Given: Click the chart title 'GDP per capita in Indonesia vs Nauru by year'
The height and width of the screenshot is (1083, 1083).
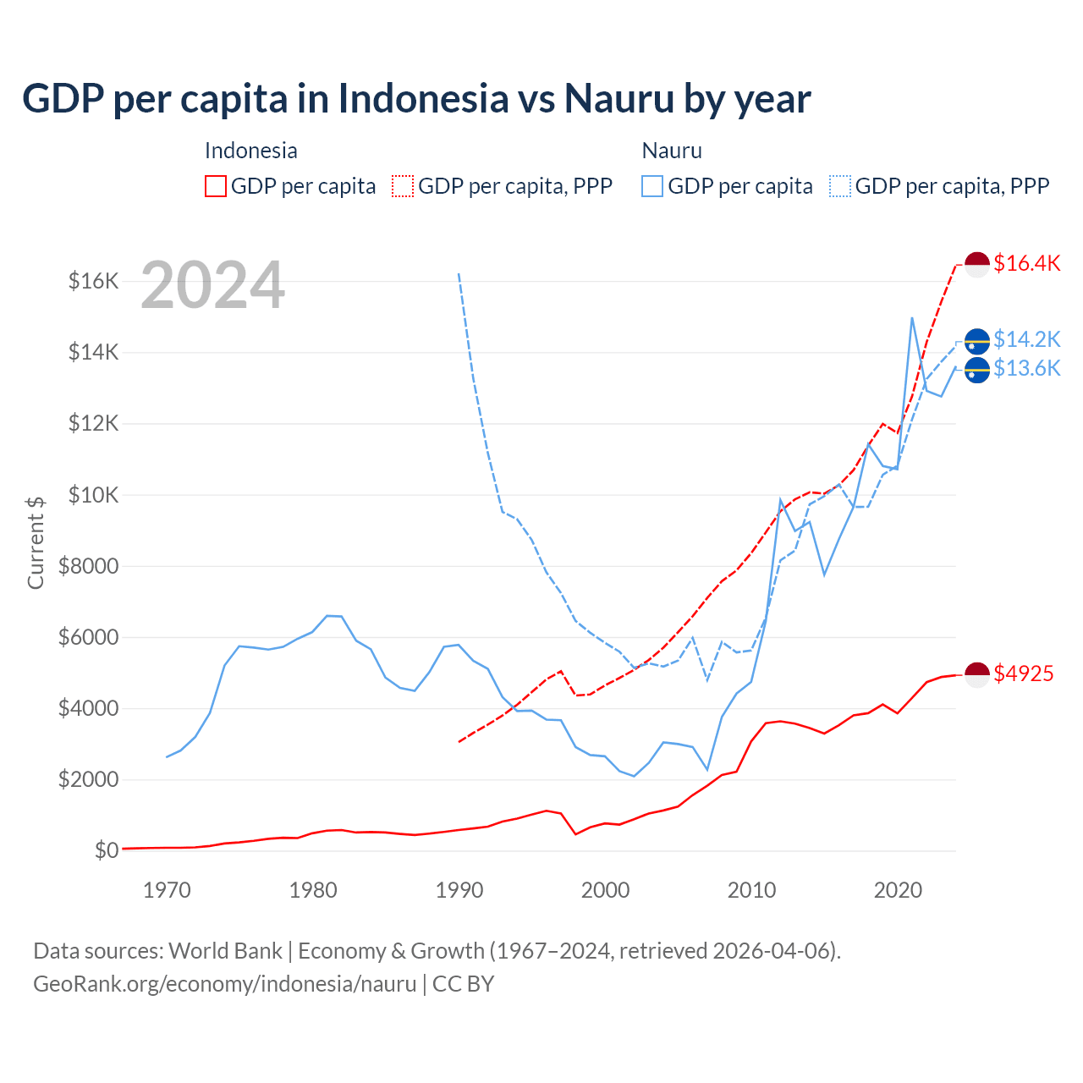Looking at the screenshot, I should coord(416,98).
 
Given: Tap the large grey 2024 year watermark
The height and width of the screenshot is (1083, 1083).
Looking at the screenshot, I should coord(212,286).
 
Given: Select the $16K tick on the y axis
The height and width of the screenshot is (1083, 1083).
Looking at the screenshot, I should coord(93,281).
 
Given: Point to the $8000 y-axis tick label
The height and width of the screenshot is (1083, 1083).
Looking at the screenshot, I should coord(88,566).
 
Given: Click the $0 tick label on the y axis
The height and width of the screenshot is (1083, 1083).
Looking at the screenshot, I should coord(106,850).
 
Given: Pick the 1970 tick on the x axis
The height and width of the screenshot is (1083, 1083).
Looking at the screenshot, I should coord(167,890).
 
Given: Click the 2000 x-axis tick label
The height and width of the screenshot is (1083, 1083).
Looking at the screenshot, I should coord(605,890).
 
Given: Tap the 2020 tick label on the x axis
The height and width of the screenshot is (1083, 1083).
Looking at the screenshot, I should coord(898,890).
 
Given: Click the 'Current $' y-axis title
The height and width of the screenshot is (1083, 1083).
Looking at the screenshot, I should coord(36,542).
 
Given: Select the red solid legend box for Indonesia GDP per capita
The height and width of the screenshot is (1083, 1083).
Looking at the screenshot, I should coord(216,186).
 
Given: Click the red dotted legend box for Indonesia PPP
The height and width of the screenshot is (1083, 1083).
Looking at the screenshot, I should coord(403,186).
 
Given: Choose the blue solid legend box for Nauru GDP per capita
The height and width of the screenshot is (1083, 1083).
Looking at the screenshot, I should coord(652,186).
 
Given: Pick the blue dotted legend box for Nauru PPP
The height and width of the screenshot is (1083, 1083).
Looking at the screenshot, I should coord(840,186).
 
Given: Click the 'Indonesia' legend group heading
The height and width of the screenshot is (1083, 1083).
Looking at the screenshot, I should coord(251,151).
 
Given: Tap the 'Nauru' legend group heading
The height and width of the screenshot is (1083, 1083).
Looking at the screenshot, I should coord(672,151).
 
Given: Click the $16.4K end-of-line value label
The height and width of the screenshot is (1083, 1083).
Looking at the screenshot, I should coord(1026,263).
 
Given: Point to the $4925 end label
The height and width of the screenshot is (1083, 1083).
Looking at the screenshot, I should coord(1024,673).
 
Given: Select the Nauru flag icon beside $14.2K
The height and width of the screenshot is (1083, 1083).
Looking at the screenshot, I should coord(977,340).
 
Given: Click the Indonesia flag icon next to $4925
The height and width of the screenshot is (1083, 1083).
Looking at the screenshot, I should coord(977,674).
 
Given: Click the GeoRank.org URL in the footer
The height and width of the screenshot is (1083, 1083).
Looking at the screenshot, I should coord(224,984).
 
